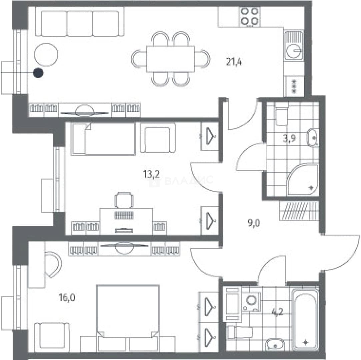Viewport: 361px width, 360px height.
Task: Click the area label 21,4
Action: pyautogui.click(x=234, y=62)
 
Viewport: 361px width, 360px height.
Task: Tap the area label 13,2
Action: pyautogui.click(x=151, y=174)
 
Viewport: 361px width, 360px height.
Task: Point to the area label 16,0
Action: pyautogui.click(x=67, y=298)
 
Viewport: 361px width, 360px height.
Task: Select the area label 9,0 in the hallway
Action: pyautogui.click(x=254, y=223)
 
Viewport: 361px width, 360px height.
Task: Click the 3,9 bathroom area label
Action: pyautogui.click(x=289, y=138)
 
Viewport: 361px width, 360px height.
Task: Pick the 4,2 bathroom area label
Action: pyautogui.click(x=277, y=312)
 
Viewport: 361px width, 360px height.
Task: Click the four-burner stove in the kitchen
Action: pyautogui.click(x=250, y=16)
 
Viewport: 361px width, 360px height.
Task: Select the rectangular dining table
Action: pyautogui.click(x=170, y=59)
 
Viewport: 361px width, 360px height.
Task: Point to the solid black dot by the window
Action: pyautogui.click(x=38, y=73)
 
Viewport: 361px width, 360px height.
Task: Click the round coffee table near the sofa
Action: pyautogui.click(x=46, y=55)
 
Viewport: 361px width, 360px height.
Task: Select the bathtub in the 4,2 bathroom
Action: pyautogui.click(x=305, y=319)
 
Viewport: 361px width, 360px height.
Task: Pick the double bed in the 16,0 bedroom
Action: pyautogui.click(x=128, y=319)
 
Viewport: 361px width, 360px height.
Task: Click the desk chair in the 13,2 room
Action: pyautogui.click(x=124, y=200)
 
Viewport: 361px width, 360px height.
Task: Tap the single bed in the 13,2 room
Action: pyautogui.click(x=103, y=139)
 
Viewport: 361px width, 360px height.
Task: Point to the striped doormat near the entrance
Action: pyautogui.click(x=299, y=211)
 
